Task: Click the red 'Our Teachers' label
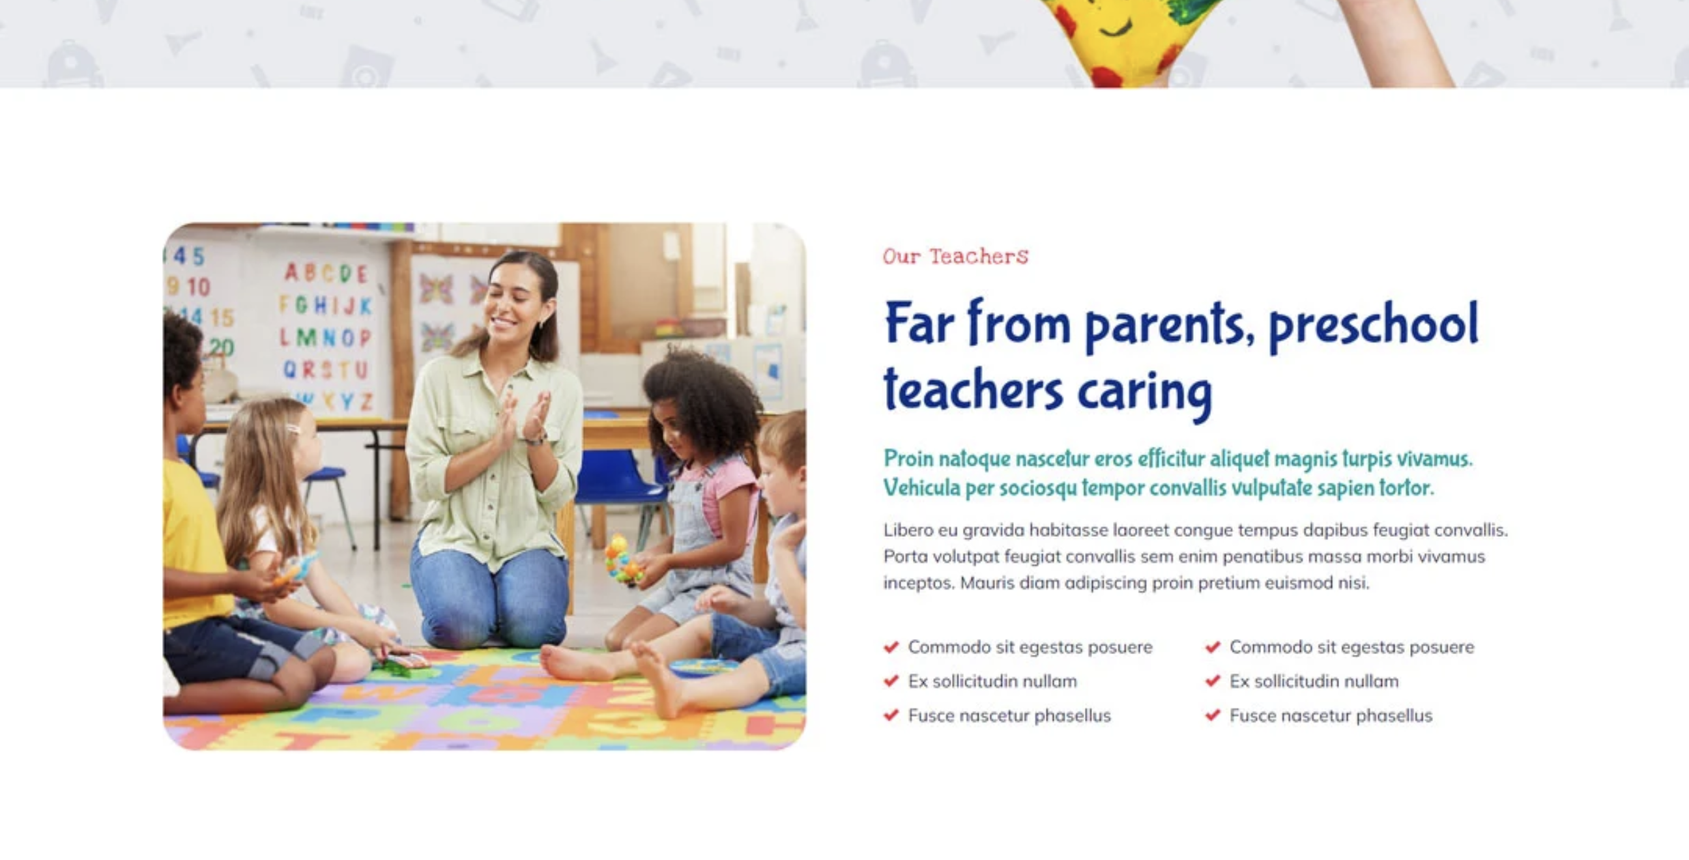pos(955,255)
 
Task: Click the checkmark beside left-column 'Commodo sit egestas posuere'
pos(891,647)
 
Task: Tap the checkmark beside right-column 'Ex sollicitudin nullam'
pos(1212,681)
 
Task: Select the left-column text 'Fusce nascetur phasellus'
pos(1009,715)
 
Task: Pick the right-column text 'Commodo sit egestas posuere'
pos(1352,647)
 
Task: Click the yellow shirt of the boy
pos(194,544)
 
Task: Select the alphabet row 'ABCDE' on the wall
pos(326,273)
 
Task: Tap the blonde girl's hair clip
pos(293,430)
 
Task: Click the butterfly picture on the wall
pos(437,289)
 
